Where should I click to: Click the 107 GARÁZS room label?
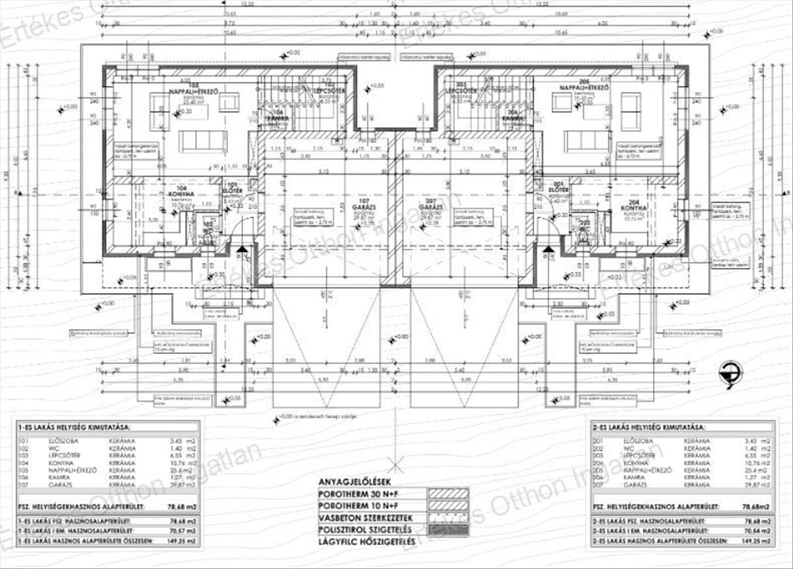362,206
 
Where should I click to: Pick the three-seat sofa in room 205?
587,140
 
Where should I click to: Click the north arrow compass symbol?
731,374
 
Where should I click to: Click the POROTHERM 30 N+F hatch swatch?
448,494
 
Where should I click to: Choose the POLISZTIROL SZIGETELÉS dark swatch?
448,530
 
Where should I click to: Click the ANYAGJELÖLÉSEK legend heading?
358,481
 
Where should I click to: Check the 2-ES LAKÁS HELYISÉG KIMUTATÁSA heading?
650,428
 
